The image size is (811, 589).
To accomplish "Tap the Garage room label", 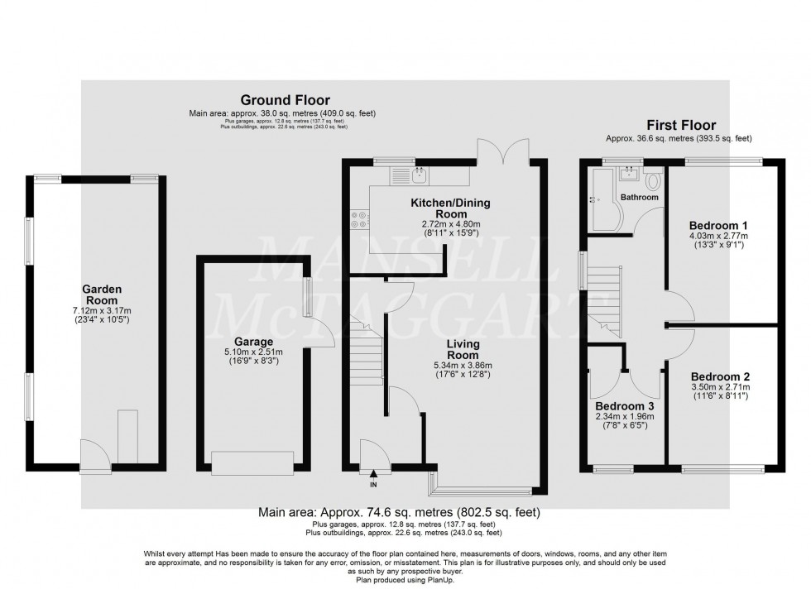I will point(254,341).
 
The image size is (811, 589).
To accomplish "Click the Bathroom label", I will point(640,198).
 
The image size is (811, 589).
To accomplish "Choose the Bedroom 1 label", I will point(719,224).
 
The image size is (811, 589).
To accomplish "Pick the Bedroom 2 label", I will point(719,375).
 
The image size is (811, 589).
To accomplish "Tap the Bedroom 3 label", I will point(625,406).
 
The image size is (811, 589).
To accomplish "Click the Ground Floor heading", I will point(275,98).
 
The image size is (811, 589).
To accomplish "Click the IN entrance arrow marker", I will point(373,475).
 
